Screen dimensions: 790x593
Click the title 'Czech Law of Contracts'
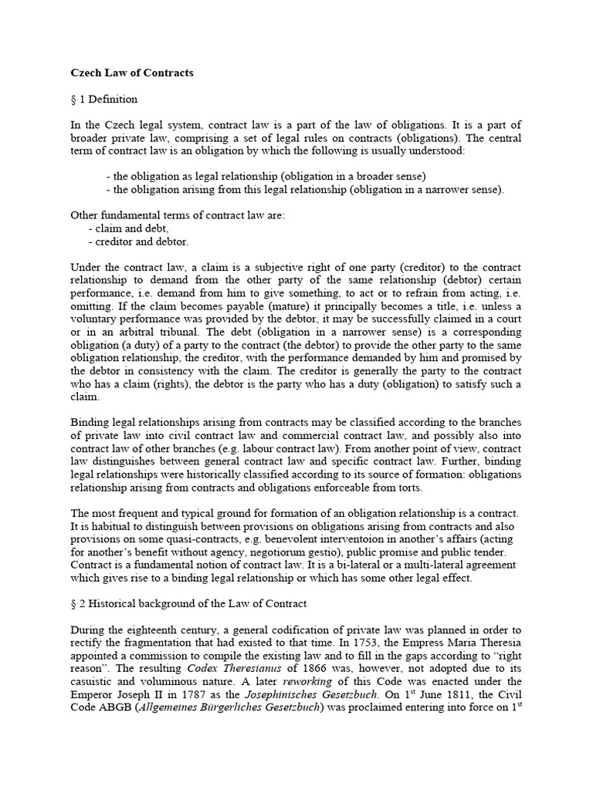(x=132, y=73)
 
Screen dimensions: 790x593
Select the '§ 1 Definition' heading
(x=104, y=100)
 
